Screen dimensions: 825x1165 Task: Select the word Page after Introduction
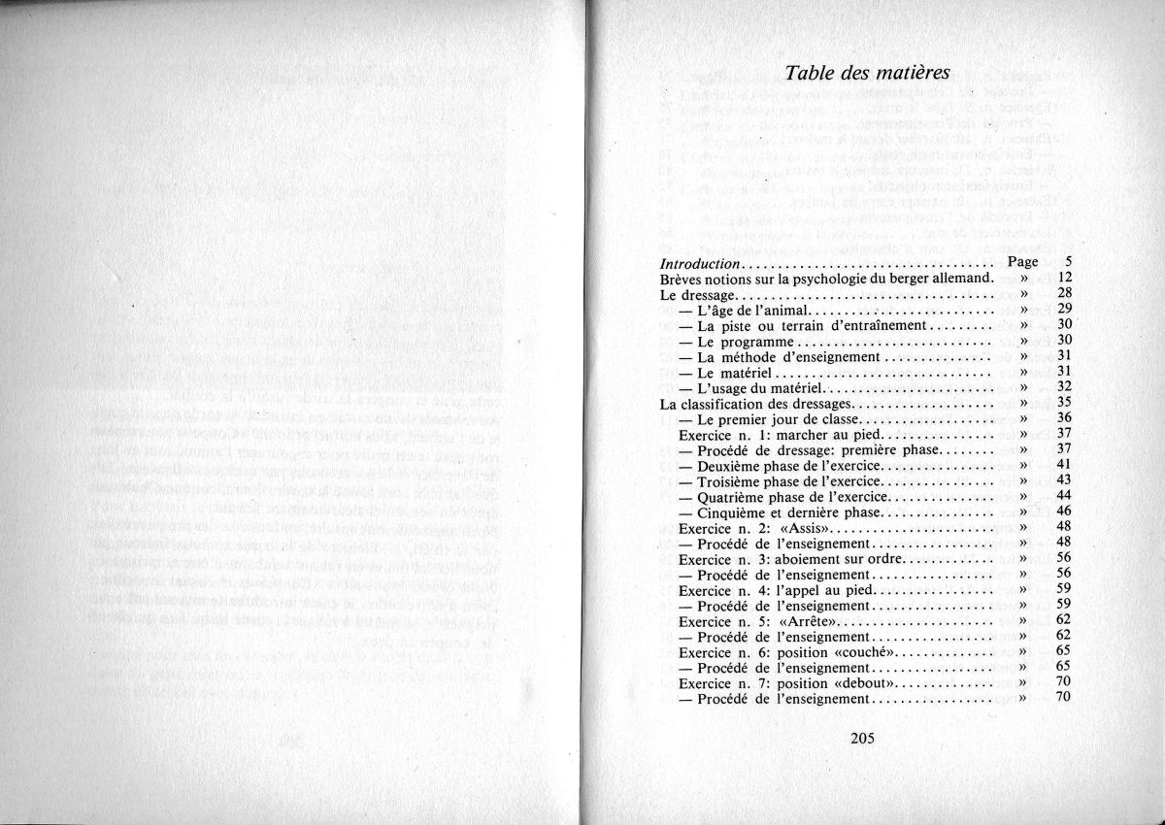(x=1023, y=262)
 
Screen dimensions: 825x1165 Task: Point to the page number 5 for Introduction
(x=1066, y=262)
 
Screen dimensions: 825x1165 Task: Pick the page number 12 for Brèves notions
(x=1063, y=278)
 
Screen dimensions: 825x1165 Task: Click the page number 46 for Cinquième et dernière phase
(x=1063, y=511)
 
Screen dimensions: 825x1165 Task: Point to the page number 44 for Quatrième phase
(x=1063, y=496)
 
